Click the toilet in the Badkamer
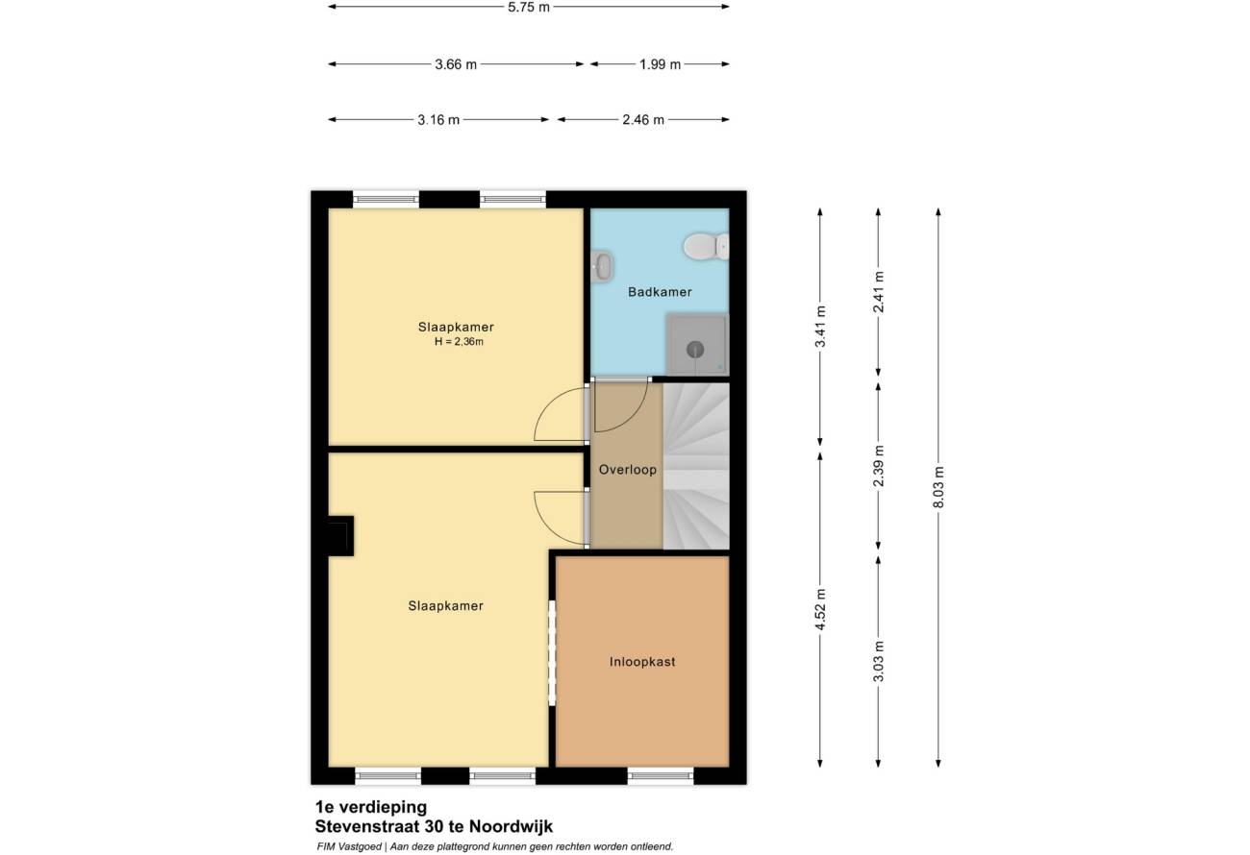point(706,246)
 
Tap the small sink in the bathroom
point(602,266)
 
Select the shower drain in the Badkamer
point(695,350)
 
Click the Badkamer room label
point(660,291)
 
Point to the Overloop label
point(627,470)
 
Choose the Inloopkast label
point(642,662)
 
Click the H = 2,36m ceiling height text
point(459,342)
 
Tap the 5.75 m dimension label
point(529,8)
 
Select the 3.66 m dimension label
point(456,64)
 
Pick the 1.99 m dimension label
point(661,64)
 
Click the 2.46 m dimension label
point(643,120)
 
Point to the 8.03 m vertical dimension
point(938,487)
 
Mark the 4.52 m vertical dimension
point(820,610)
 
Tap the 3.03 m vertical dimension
point(879,662)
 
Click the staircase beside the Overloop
point(696,466)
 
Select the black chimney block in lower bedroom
point(341,536)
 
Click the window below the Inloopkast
point(661,775)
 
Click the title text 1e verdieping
point(371,807)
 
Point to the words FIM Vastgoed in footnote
point(349,846)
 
